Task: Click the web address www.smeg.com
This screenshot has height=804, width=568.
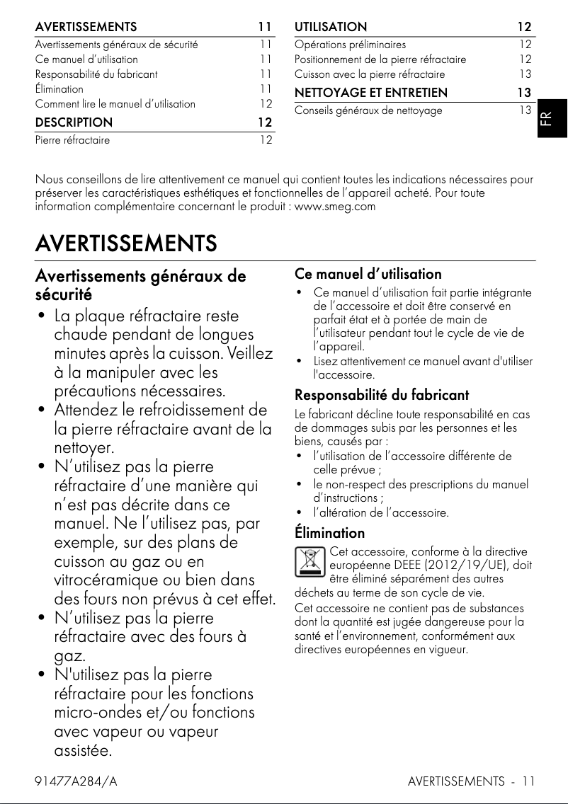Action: pos(335,207)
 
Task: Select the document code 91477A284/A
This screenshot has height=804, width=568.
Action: pos(76,781)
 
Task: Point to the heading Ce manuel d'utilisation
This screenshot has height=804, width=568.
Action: pos(368,274)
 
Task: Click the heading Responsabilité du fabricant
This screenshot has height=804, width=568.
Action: pos(381,394)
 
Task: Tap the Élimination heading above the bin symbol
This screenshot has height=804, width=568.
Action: pos(329,532)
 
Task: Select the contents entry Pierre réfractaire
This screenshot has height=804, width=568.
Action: pos(72,140)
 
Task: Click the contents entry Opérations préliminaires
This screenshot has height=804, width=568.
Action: pos(350,44)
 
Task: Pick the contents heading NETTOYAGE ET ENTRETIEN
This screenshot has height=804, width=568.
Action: pos(370,92)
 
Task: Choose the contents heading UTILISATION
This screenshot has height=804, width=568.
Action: pos(331,27)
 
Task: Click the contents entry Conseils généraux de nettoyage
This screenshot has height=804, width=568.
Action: pos(368,110)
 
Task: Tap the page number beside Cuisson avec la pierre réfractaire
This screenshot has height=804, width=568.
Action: pos(525,74)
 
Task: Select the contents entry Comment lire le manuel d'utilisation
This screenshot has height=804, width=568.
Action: pos(115,104)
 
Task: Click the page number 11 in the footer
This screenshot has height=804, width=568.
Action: pos(528,781)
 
